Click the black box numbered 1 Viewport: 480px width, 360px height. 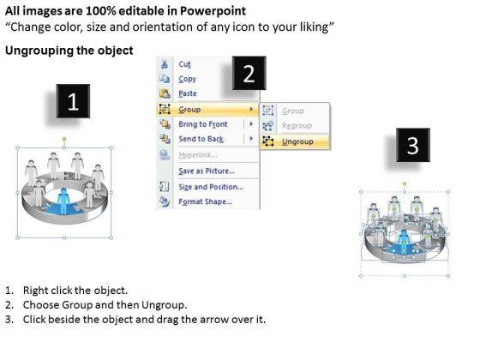click(x=73, y=101)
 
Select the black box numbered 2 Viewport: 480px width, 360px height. click(x=249, y=73)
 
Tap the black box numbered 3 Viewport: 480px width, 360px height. click(x=412, y=145)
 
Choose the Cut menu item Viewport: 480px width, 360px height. click(x=184, y=64)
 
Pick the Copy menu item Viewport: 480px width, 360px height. click(x=188, y=79)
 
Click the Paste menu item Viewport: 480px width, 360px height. click(x=188, y=93)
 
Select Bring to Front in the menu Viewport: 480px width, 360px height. click(x=203, y=124)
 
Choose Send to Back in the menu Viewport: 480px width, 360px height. click(x=201, y=139)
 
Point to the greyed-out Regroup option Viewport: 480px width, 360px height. click(x=297, y=125)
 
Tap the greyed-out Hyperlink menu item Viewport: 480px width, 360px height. click(x=198, y=155)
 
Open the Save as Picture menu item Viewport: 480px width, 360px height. click(x=207, y=171)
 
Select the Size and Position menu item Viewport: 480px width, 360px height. click(x=211, y=187)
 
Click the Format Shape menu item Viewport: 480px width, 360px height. click(x=205, y=201)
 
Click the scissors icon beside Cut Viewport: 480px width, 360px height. click(x=165, y=64)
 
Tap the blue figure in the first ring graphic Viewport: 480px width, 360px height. click(x=63, y=201)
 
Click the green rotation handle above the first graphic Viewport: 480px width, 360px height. click(x=64, y=139)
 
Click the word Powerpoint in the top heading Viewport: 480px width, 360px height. click(x=213, y=11)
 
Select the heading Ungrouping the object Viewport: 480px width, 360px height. click(x=69, y=51)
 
